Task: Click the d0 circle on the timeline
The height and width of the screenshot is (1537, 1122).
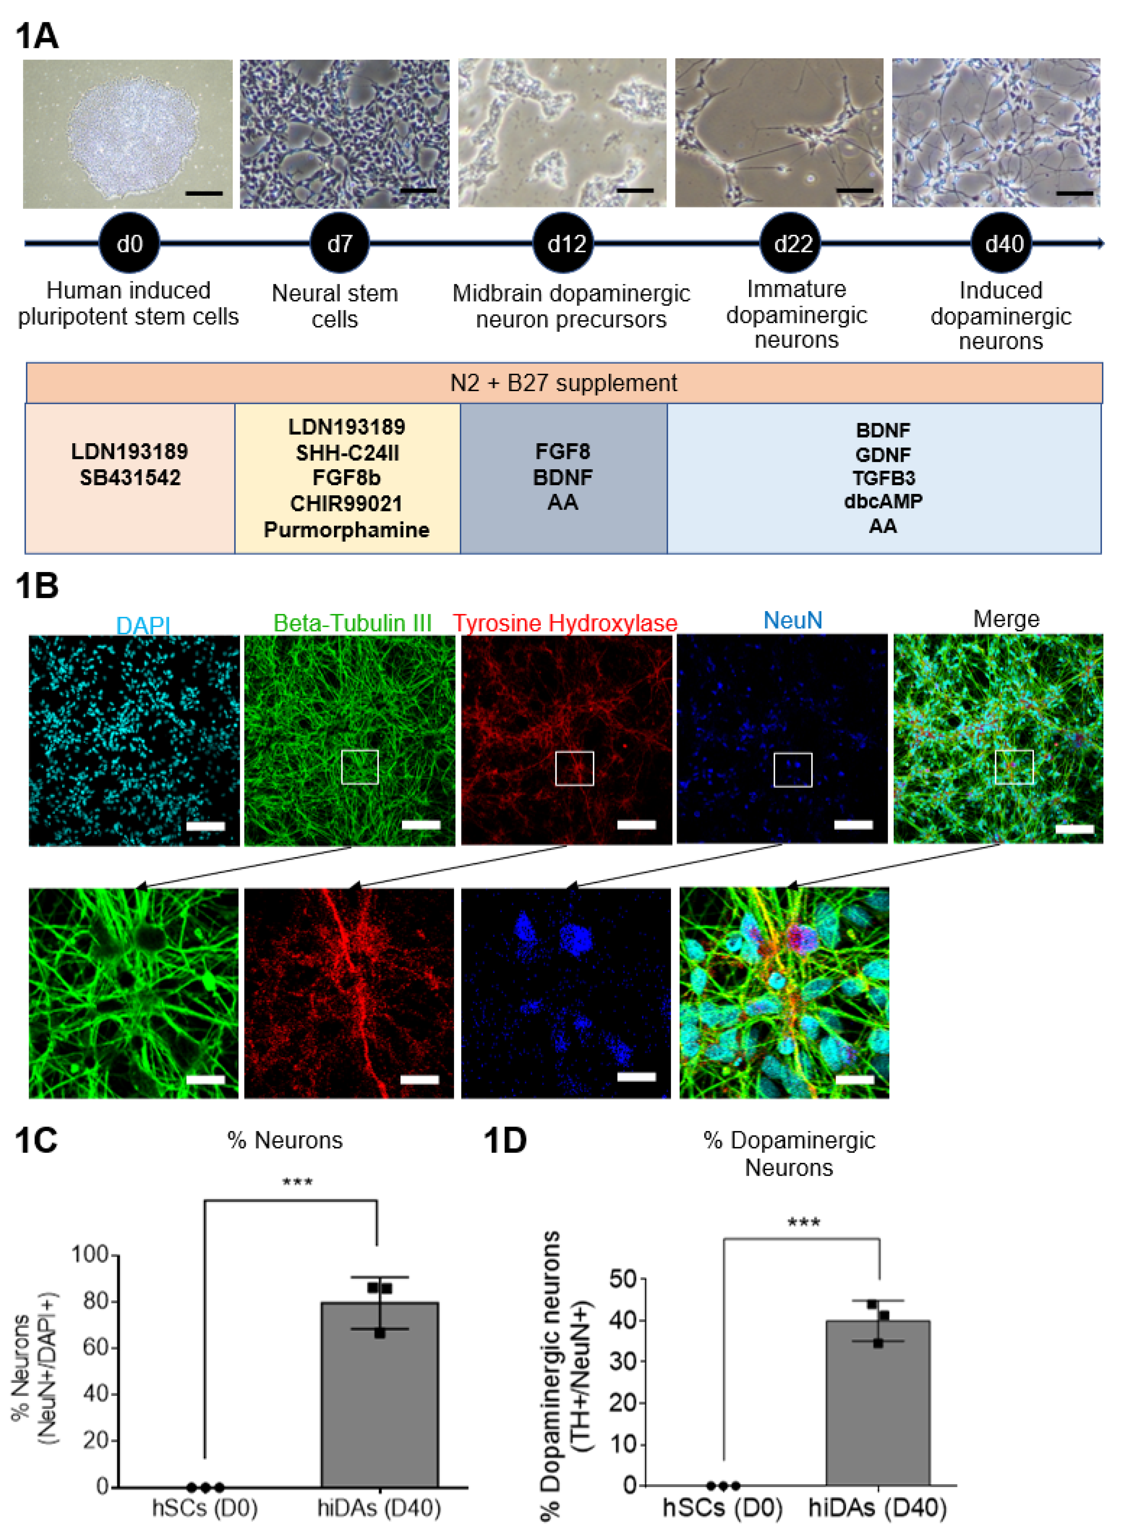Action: click(x=129, y=243)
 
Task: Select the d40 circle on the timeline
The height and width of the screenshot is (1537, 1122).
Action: click(x=1004, y=243)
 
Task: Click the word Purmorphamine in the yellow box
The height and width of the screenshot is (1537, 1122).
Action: click(x=346, y=530)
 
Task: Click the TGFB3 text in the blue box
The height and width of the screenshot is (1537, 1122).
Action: click(x=883, y=478)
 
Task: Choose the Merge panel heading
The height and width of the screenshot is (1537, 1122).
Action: click(x=1006, y=619)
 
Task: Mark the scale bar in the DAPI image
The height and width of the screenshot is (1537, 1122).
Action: click(x=205, y=826)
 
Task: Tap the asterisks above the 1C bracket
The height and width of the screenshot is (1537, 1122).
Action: click(x=298, y=1183)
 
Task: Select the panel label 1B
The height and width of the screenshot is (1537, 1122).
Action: click(x=37, y=586)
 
